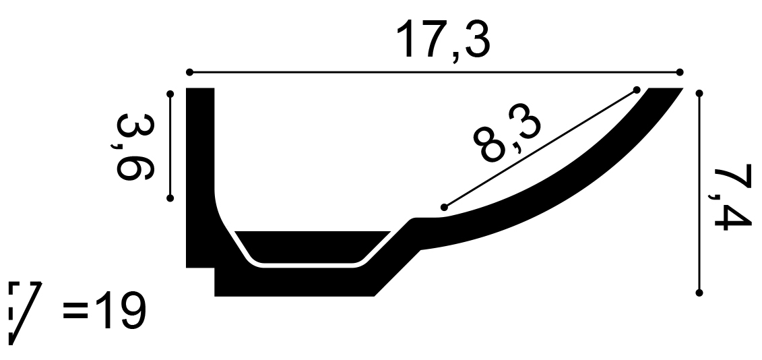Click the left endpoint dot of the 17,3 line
pyautogui.click(x=189, y=72)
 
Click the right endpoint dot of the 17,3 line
pyautogui.click(x=680, y=72)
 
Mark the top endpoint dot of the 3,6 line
pyautogui.click(x=170, y=94)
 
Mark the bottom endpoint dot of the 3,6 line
pyautogui.click(x=170, y=198)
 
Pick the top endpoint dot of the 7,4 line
pyautogui.click(x=699, y=94)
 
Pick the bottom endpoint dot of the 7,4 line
pyautogui.click(x=699, y=292)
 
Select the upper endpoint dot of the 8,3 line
pyautogui.click(x=636, y=89)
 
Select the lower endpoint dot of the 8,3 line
pyautogui.click(x=443, y=207)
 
